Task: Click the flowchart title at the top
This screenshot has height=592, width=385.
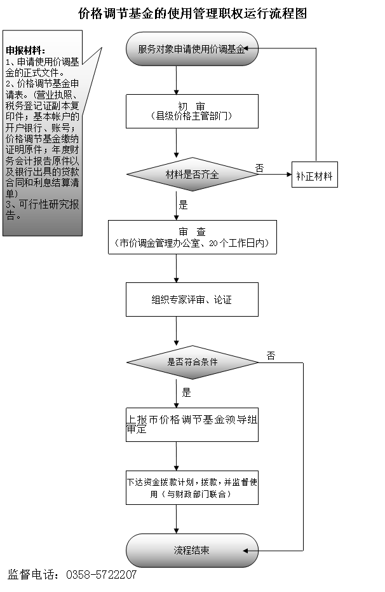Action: coord(192,13)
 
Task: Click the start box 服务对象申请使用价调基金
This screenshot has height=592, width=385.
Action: coord(192,49)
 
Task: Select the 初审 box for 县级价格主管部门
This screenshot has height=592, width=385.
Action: coord(192,111)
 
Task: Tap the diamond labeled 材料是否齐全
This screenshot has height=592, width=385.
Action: coord(192,174)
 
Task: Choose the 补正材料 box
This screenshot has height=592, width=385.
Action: coord(314,175)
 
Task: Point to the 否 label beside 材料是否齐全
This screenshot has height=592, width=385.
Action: coord(259,168)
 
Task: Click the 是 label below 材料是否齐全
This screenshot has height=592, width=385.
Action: coord(183,205)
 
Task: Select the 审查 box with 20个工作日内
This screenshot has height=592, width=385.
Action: coord(192,237)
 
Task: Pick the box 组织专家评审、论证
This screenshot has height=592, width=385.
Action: coord(192,299)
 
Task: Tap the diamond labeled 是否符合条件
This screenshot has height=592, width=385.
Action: coord(192,362)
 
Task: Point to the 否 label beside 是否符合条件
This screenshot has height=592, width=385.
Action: coord(271,355)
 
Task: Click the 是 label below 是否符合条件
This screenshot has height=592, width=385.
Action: coord(187,393)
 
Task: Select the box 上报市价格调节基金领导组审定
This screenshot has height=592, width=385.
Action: coord(192,425)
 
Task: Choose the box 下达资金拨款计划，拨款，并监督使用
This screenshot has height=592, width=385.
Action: coord(192,488)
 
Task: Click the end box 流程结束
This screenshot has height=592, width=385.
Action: coord(192,551)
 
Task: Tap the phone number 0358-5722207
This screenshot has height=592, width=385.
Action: coord(102,575)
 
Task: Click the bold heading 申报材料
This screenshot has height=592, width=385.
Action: coord(25,51)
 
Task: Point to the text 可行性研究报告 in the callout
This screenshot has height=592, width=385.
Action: coord(42,210)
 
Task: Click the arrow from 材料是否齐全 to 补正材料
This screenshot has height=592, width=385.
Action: coord(275,174)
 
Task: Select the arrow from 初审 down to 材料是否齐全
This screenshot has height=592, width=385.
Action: coord(176,143)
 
